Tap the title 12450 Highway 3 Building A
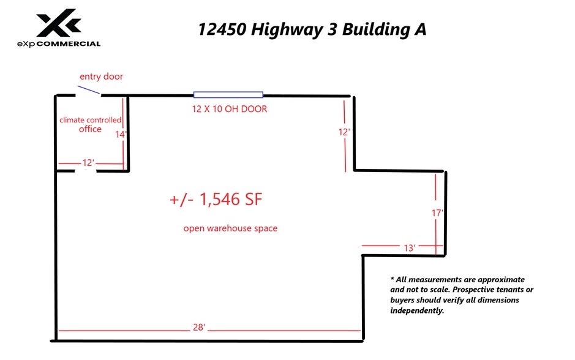(312, 30)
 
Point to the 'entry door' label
(101, 77)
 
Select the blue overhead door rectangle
(228, 95)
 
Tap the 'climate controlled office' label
(90, 124)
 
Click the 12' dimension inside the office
(88, 163)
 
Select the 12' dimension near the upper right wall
(344, 132)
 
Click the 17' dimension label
(437, 213)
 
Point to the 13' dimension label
(410, 248)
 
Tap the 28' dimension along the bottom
(198, 328)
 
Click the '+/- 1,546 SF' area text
(219, 200)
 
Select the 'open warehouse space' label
(230, 228)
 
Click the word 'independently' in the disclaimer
(417, 311)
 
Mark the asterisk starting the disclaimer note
(392, 279)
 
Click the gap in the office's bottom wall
(86, 171)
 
